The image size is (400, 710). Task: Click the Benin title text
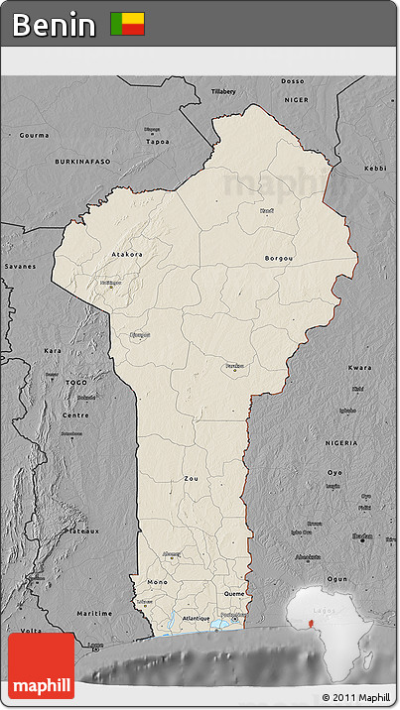(x=55, y=24)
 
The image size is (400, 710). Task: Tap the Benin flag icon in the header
(x=127, y=24)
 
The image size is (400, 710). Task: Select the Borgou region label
(x=279, y=258)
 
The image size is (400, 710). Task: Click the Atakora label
(x=126, y=254)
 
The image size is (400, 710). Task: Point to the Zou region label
(x=191, y=478)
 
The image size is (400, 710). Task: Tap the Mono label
(x=157, y=581)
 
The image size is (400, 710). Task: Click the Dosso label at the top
(x=293, y=80)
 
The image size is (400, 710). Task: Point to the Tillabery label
(x=223, y=91)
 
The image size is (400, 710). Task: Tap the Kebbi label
(x=374, y=169)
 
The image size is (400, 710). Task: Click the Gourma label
(x=34, y=134)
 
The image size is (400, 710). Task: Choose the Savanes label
(x=19, y=266)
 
